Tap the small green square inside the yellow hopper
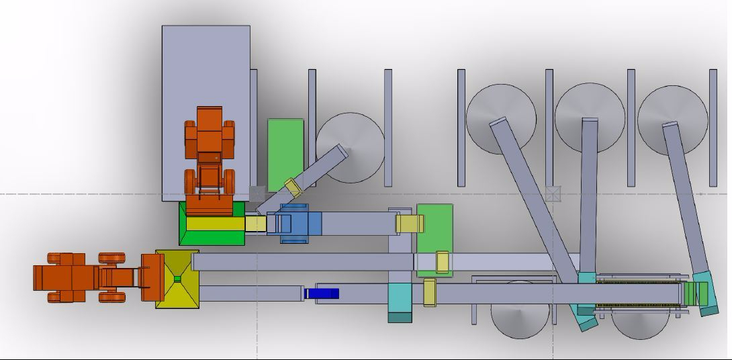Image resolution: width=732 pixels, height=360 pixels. pyautogui.click(x=177, y=279)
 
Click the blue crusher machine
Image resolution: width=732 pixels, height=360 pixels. pyautogui.click(x=294, y=223)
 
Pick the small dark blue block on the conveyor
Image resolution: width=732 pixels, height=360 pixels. pyautogui.click(x=322, y=294)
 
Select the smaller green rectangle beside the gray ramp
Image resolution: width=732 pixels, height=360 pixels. pyautogui.click(x=285, y=154)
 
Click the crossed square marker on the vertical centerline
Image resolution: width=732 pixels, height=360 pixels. pyautogui.click(x=553, y=194)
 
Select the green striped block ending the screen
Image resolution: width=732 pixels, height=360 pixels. pyautogui.click(x=696, y=294)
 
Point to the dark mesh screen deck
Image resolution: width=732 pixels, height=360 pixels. pyautogui.click(x=638, y=294)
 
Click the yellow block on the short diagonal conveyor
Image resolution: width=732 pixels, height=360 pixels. pyautogui.click(x=293, y=187)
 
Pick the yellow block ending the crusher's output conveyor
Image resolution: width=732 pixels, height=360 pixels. pyautogui.click(x=410, y=224)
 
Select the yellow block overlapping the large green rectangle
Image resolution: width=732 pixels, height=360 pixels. pyautogui.click(x=442, y=262)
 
